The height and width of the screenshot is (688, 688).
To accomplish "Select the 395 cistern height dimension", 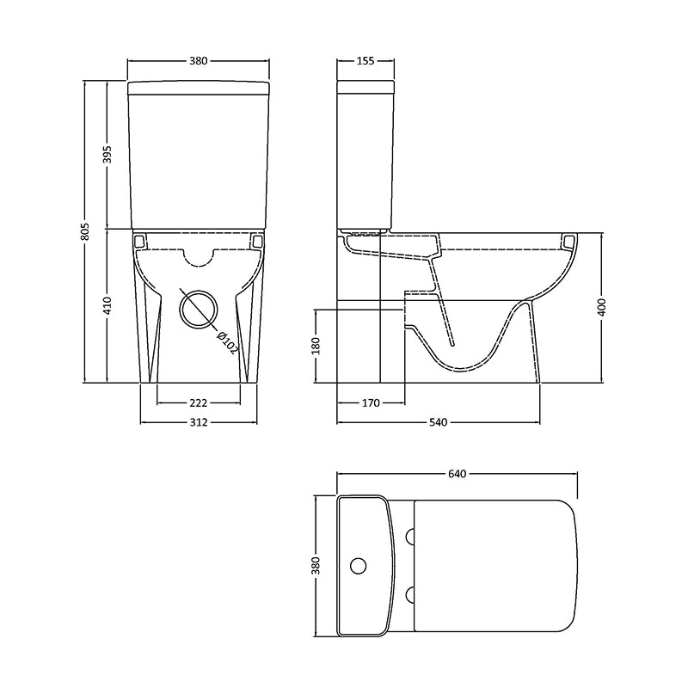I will click(x=107, y=155).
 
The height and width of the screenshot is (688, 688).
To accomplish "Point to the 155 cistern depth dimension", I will click(x=366, y=61).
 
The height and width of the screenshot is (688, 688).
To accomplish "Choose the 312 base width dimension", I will click(x=199, y=422).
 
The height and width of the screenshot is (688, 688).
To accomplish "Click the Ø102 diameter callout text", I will click(x=226, y=340).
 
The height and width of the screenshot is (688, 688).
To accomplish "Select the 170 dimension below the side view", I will click(x=371, y=402).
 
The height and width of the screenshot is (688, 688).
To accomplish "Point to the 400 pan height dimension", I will click(x=602, y=306).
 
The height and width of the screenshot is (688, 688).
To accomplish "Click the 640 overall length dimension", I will click(x=456, y=474).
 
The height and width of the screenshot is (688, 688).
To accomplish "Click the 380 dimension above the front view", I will click(x=199, y=61).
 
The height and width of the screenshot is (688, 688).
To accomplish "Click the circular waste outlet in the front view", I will click(x=199, y=306).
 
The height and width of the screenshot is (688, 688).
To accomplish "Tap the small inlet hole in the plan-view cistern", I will click(x=360, y=566).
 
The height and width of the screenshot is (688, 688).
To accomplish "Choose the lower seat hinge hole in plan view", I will click(x=409, y=593).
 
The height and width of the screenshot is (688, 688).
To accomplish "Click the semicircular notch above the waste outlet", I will click(x=199, y=255).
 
